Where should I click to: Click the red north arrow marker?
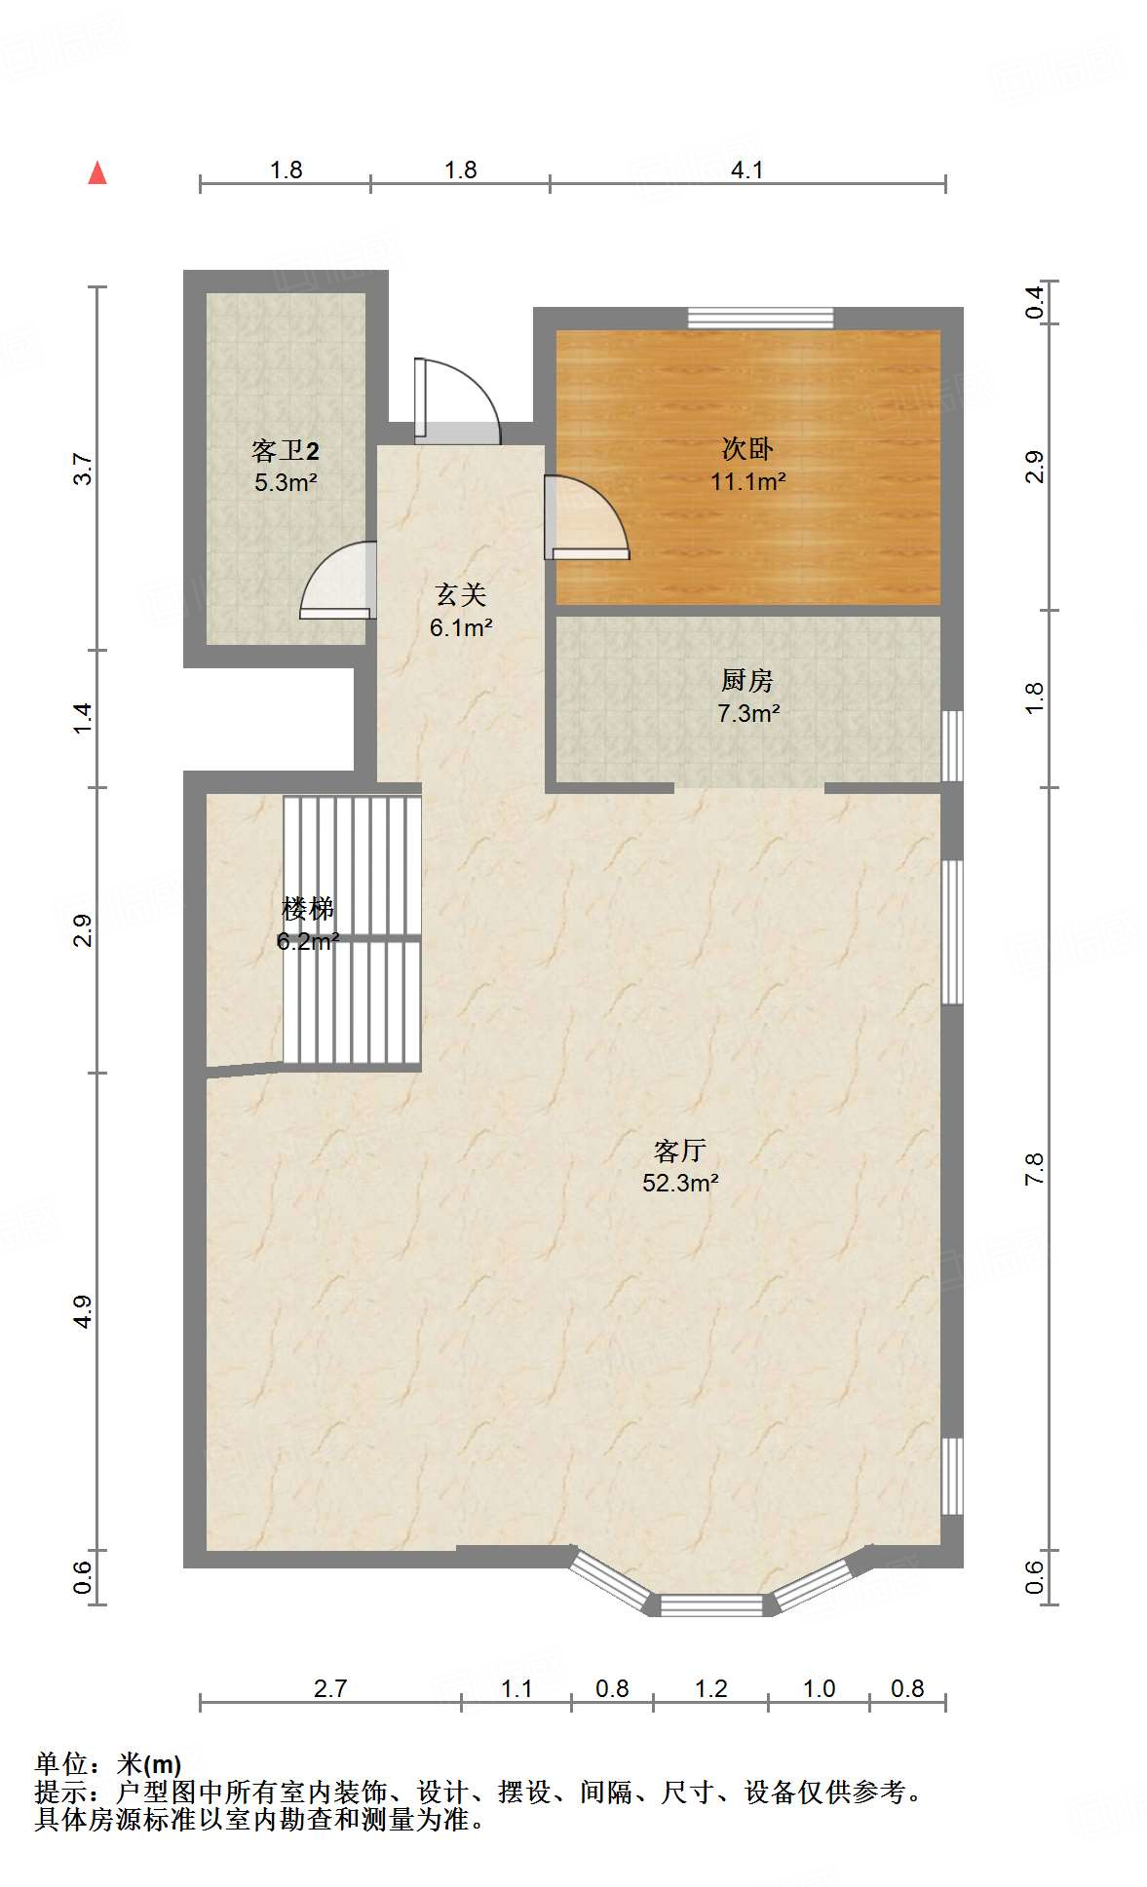[x=97, y=173]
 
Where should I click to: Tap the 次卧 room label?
[x=747, y=448]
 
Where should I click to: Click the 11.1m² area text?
[x=747, y=481]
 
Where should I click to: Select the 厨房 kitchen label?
[x=747, y=680]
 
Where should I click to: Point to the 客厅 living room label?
[x=680, y=1151]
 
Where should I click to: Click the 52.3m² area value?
[x=680, y=1183]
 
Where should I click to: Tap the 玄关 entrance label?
[x=460, y=594]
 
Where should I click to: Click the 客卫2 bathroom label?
[x=285, y=450]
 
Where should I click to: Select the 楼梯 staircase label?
[x=307, y=909]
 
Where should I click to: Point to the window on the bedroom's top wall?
[x=760, y=318]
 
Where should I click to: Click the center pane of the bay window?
[x=711, y=1604]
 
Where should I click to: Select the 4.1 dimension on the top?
[x=746, y=170]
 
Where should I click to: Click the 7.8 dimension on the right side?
[x=1034, y=1168]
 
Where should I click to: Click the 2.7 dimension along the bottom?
[x=329, y=1688]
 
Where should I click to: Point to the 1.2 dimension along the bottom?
[x=710, y=1688]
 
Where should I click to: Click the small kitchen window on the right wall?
[x=953, y=745]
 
